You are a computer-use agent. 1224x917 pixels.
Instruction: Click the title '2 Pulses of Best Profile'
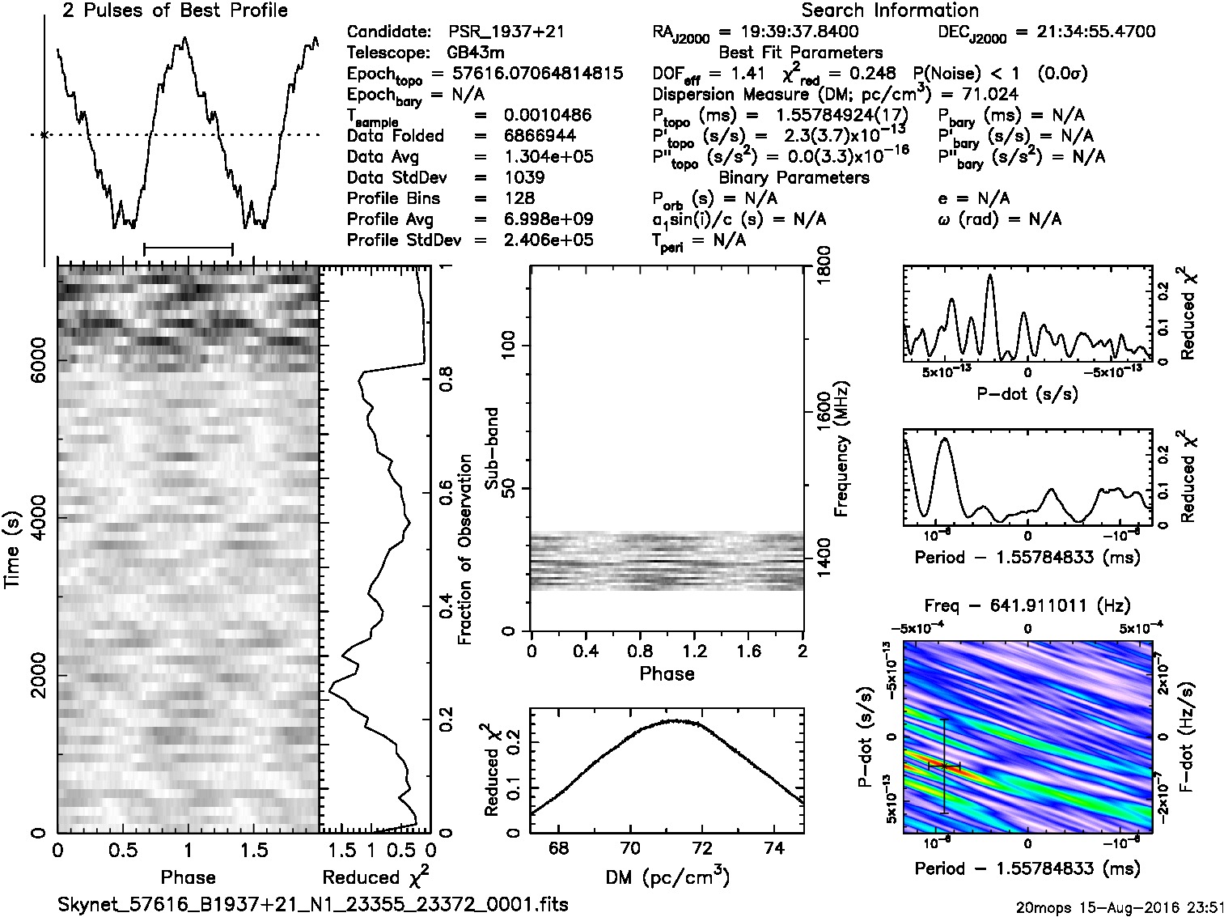pos(175,11)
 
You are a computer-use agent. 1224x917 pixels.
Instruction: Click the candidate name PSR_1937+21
pos(506,32)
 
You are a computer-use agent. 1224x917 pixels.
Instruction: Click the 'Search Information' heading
pos(890,11)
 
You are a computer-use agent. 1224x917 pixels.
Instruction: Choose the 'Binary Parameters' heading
pos(794,177)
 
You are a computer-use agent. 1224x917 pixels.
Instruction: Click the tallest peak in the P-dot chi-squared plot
pos(989,276)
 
